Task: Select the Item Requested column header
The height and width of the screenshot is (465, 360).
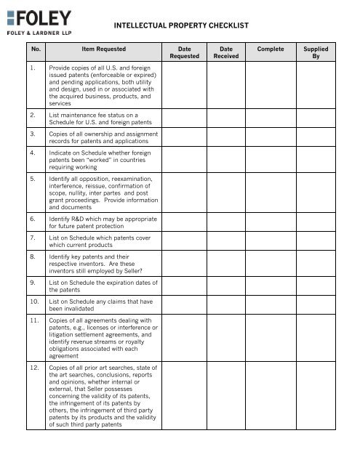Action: pos(103,49)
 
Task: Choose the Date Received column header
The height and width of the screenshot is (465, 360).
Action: pos(225,53)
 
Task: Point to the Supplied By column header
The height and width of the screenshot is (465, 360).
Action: pos(316,53)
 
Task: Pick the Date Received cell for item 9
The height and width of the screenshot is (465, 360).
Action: pos(225,286)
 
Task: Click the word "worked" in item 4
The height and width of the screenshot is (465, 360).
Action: pos(100,162)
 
